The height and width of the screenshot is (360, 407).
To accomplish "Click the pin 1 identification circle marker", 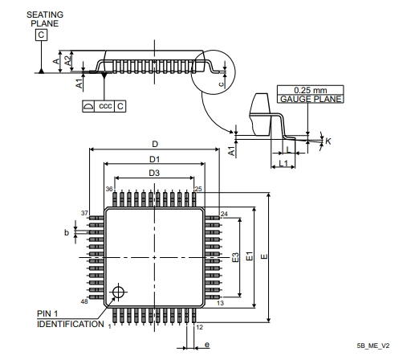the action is (118, 292).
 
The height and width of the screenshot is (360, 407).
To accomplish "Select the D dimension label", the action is (155, 144).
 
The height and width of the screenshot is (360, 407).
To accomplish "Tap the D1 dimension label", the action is (154, 159).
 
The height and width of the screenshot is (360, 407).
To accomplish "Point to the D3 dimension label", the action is (154, 173).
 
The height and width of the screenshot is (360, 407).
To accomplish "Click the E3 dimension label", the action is (235, 257).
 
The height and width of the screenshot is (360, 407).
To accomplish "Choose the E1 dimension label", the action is (250, 256).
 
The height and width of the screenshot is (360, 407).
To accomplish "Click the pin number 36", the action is (109, 189).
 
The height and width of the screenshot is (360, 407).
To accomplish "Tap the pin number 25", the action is (198, 189).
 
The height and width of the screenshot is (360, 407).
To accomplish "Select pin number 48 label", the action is (84, 301).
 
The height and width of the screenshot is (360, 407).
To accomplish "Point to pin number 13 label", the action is (220, 303).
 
